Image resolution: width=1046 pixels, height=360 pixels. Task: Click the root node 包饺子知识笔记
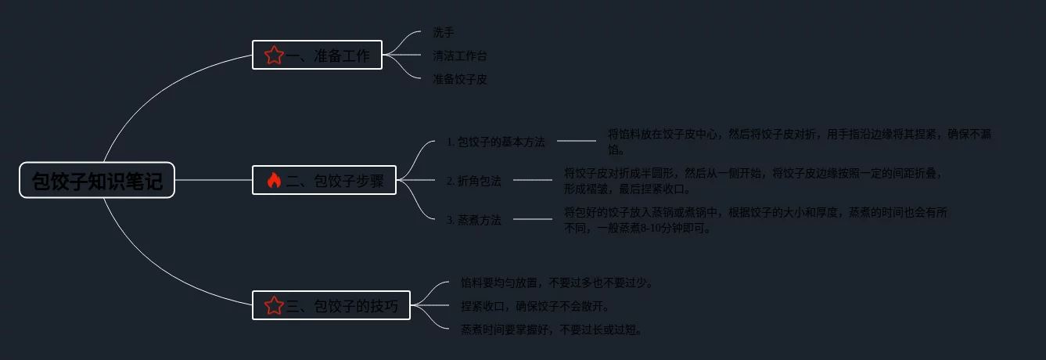point(97,181)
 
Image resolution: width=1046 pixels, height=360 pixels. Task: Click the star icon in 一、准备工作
point(273,56)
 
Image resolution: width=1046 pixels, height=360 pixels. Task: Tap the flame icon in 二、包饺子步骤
point(273,181)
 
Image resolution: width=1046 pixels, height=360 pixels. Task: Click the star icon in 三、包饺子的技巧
point(273,305)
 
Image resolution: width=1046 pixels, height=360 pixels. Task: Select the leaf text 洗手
point(444,33)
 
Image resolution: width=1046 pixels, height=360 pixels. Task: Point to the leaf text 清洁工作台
point(460,56)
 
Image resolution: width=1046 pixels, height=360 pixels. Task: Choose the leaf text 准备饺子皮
point(460,79)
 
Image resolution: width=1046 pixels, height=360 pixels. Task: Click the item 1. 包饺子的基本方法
point(495,142)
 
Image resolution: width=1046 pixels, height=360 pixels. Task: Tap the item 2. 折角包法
point(473,181)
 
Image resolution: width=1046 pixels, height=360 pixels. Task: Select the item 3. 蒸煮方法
point(473,220)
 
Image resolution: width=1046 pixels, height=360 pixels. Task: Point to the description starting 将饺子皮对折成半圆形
point(753,181)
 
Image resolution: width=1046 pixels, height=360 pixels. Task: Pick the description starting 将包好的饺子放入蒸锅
point(757,220)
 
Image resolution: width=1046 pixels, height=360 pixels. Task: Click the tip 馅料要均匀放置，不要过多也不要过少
point(557,283)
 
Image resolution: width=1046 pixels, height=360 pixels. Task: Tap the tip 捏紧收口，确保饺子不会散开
point(535,306)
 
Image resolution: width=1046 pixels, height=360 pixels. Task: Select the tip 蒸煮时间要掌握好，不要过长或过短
point(552,329)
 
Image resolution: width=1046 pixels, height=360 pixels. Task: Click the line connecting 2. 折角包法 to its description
point(533,180)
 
